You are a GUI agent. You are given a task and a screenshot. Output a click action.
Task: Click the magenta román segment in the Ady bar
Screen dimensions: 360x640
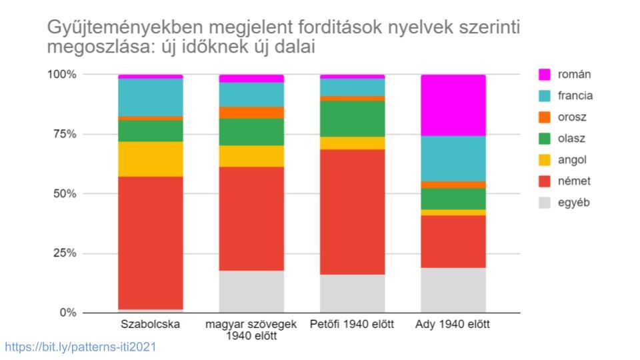[453, 105]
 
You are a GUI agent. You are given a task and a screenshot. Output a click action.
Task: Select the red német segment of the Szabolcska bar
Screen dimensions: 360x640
[151, 243]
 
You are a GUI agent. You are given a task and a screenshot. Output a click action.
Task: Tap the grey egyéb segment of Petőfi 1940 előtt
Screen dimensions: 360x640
[352, 293]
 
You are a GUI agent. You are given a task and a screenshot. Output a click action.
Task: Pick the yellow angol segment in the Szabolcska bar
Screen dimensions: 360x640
[151, 159]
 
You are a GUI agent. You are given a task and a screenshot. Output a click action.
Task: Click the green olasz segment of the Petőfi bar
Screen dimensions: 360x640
[352, 119]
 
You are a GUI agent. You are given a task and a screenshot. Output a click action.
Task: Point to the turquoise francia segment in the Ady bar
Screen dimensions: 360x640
[453, 158]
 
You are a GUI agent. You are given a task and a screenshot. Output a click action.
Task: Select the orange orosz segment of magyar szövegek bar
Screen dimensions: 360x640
[251, 112]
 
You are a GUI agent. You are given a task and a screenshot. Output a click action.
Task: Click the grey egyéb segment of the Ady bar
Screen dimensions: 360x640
[453, 290]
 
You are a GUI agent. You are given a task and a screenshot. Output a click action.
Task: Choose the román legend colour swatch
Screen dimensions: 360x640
[545, 75]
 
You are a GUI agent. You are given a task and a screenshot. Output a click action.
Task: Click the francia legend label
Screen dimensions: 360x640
[575, 96]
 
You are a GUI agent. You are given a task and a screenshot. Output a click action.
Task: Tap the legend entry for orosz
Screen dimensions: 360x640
[571, 117]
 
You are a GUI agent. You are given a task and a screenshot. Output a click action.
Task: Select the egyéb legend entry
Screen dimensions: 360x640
[573, 203]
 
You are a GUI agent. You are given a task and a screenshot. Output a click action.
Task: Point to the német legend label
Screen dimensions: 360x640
[573, 181]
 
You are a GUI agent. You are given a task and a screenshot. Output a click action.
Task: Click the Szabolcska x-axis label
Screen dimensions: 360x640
[151, 325]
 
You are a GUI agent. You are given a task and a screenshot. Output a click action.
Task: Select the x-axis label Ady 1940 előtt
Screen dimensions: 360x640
[453, 325]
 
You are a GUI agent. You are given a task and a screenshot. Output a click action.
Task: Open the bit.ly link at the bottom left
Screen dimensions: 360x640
[81, 347]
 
